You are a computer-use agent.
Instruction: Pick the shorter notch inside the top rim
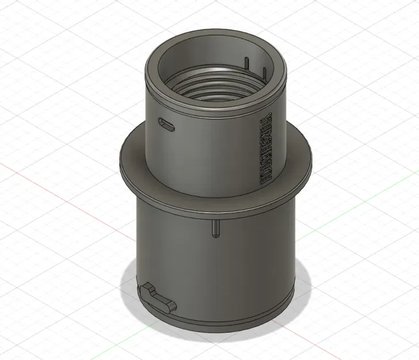[263, 72]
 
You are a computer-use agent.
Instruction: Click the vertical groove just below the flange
[215, 227]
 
